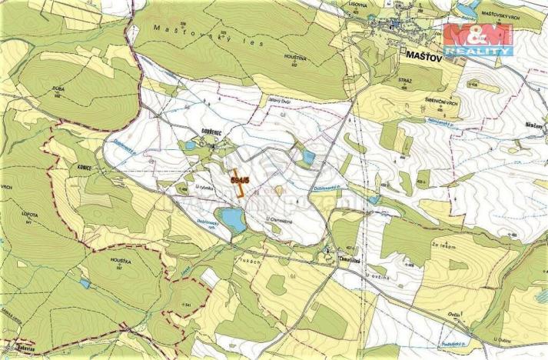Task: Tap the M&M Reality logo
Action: tap(479, 38)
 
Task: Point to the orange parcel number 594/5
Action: tap(240, 179)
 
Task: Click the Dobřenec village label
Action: tap(212, 132)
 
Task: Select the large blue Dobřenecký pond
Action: tap(231, 219)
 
